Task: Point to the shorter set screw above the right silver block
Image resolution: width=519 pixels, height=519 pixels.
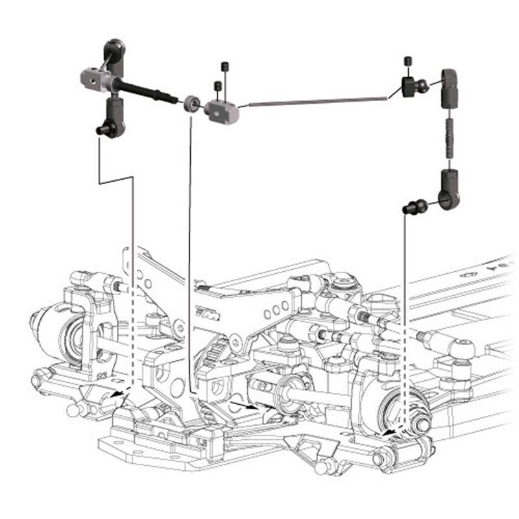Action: (217, 87)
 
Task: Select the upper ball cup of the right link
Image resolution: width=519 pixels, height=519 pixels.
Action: (452, 87)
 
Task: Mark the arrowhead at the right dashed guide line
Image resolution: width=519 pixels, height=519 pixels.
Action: (387, 431)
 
